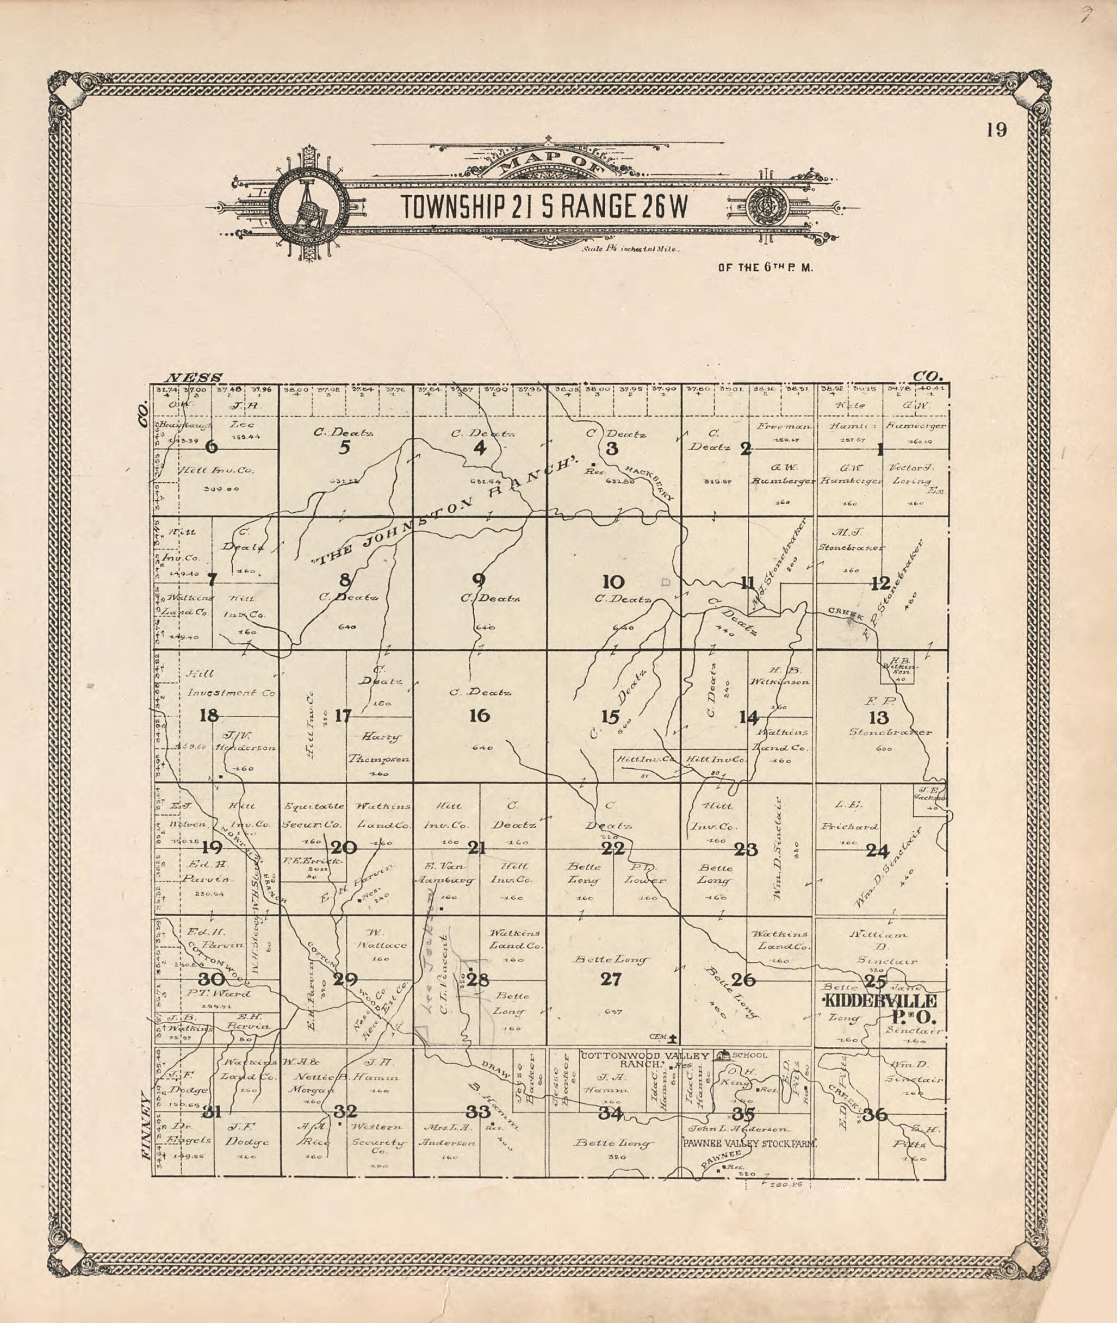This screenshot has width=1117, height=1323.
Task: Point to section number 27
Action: tap(611, 980)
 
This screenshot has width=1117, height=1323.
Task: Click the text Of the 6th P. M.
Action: tap(765, 267)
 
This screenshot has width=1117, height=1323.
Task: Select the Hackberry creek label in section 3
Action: tap(651, 485)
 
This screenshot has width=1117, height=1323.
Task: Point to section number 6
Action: tap(212, 447)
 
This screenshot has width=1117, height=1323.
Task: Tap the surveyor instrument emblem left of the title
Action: tap(308, 208)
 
